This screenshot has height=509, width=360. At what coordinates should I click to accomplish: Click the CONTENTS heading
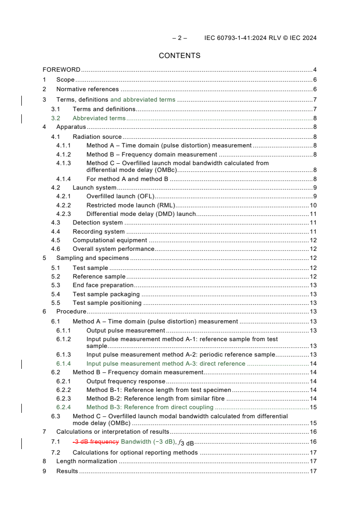point(179,56)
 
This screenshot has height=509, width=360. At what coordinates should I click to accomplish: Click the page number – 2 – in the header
point(179,38)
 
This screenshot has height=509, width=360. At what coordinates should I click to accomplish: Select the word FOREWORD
point(61,70)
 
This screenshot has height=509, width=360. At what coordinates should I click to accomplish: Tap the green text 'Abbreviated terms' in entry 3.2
point(99,118)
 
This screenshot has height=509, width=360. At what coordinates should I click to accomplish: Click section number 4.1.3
point(64,163)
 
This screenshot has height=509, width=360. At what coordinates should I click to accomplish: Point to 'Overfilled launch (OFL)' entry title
point(120,196)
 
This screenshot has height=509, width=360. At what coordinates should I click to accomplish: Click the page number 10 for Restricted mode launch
point(313,205)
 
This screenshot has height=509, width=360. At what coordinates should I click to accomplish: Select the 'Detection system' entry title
point(98,223)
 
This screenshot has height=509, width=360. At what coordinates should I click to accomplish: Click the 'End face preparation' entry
point(103,285)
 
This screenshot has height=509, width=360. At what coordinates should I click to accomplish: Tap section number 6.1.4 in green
point(64,363)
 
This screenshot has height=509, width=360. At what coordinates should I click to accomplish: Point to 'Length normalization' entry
point(86,461)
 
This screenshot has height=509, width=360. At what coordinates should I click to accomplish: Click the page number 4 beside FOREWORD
point(315,70)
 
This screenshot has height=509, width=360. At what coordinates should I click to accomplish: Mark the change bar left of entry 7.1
point(22,443)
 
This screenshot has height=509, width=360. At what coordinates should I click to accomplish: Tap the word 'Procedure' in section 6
point(71,312)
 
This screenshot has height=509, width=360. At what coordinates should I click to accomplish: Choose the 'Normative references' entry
point(87,89)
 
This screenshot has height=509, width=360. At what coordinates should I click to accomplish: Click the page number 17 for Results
point(313,471)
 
